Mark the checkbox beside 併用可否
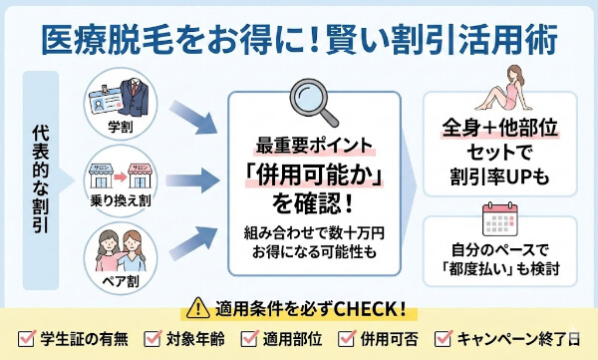pyautogui.click(x=347, y=336)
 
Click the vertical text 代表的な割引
pyautogui.click(x=38, y=180)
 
